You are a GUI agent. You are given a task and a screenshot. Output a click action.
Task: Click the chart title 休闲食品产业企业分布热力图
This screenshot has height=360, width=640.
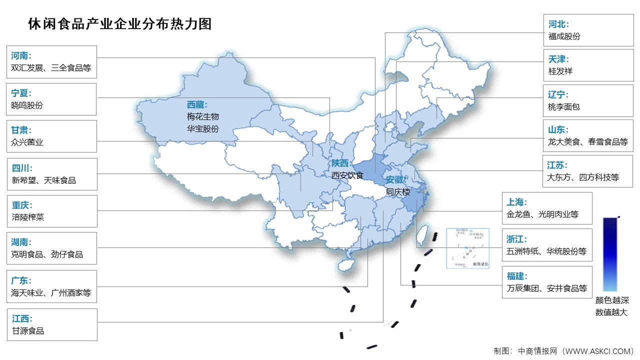click(120, 23)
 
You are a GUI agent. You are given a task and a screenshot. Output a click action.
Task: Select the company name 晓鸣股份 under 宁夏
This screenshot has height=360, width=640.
click(27, 105)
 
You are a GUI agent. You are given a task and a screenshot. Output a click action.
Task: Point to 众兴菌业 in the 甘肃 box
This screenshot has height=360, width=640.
click(27, 142)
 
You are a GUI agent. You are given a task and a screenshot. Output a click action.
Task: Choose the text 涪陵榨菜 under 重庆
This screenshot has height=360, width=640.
click(28, 217)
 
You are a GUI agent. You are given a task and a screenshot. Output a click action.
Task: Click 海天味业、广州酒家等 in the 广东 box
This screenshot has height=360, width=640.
click(51, 293)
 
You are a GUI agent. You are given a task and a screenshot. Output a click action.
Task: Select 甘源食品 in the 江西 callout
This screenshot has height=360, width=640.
click(28, 330)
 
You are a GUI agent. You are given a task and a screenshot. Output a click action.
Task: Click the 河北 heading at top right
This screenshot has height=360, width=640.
click(558, 24)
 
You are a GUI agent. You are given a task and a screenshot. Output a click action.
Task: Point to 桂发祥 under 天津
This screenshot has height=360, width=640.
click(560, 71)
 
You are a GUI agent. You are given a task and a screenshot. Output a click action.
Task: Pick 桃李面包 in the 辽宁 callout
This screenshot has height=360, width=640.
click(563, 106)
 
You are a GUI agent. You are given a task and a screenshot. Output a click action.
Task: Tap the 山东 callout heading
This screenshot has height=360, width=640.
click(558, 129)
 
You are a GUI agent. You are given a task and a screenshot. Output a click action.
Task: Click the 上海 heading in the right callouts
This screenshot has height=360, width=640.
click(516, 202)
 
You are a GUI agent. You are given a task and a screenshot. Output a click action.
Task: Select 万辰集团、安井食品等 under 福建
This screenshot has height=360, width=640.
click(546, 288)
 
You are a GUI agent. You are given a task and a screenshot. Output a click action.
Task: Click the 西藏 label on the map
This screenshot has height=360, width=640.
click(197, 104)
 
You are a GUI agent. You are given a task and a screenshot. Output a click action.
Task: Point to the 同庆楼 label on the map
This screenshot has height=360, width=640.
click(397, 191)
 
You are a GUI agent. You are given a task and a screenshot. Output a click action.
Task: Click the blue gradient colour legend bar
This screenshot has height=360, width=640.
click(609, 254)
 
